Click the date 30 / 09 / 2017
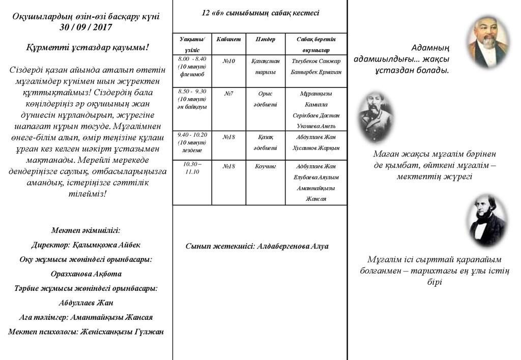86,27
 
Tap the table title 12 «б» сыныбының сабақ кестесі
260,13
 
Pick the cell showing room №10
229,61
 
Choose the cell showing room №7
229,94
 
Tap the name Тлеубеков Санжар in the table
316,61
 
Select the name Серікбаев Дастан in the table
316,115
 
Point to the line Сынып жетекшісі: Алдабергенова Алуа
257,246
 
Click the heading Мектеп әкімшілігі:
86,230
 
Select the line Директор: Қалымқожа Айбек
86,245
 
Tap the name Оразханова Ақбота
86,274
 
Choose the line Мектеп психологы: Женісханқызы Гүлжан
86,332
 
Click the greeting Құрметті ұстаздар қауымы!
88,47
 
